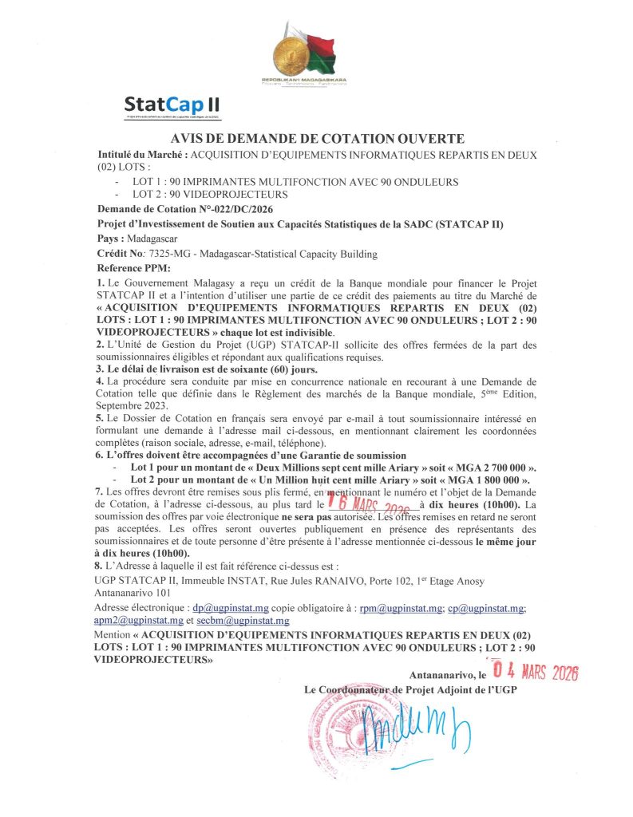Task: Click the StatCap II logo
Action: coord(172,105)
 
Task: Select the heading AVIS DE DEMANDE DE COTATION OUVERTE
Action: coord(317,139)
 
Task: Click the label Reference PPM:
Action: coord(128,268)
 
